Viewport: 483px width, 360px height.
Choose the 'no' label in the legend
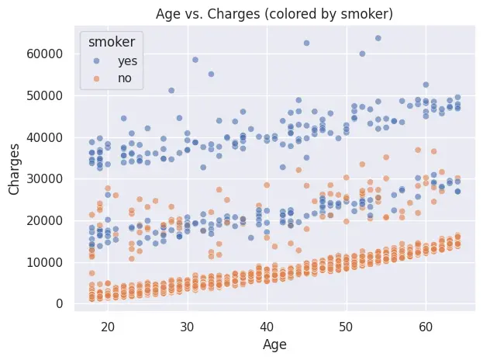point(124,78)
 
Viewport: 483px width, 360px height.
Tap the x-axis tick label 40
point(267,326)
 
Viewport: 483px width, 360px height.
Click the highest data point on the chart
point(378,38)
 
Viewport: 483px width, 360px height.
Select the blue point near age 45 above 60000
point(306,43)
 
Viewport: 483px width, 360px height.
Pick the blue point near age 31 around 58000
point(195,60)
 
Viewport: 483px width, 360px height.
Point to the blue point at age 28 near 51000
point(171,90)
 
